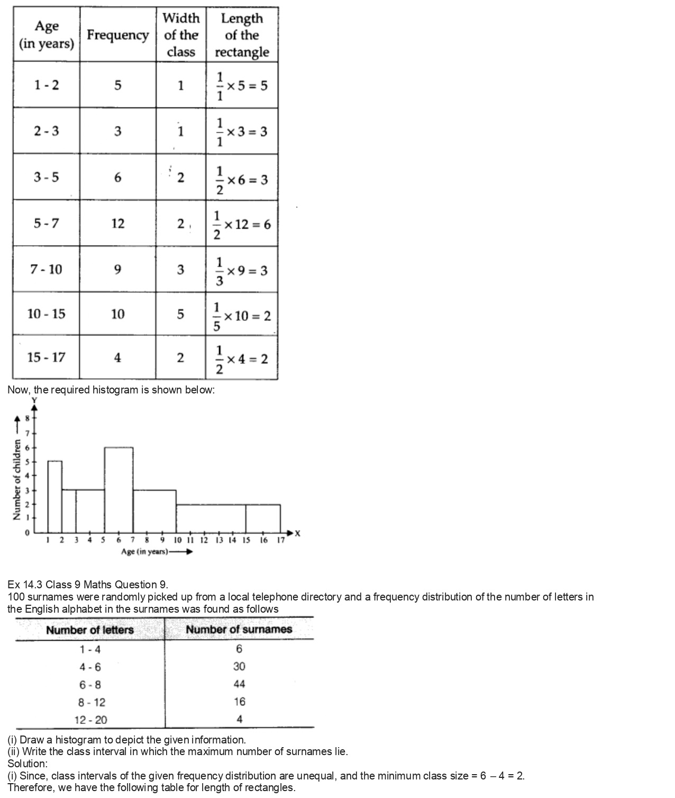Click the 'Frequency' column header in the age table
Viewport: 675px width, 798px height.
pos(117,35)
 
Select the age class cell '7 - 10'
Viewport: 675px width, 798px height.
pos(46,269)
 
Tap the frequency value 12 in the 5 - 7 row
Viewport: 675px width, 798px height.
pos(117,223)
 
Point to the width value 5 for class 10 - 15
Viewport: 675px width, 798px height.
pos(180,314)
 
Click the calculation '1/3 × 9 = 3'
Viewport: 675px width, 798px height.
pos(242,271)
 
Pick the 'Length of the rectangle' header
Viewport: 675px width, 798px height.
pos(242,35)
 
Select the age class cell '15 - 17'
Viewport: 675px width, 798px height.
pos(46,357)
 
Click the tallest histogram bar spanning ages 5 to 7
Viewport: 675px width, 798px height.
pos(118,490)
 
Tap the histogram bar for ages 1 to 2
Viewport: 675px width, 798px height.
pos(55,497)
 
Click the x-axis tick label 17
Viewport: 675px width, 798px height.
pos(281,540)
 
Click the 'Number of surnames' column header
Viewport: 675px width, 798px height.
pos(239,629)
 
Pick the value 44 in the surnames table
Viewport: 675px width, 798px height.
pos(239,684)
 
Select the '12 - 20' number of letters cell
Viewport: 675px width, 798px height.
pos(90,720)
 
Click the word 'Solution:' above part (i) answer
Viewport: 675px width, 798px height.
pos(28,764)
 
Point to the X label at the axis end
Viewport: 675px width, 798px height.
pos(297,533)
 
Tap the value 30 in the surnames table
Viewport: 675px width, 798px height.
pos(239,666)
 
